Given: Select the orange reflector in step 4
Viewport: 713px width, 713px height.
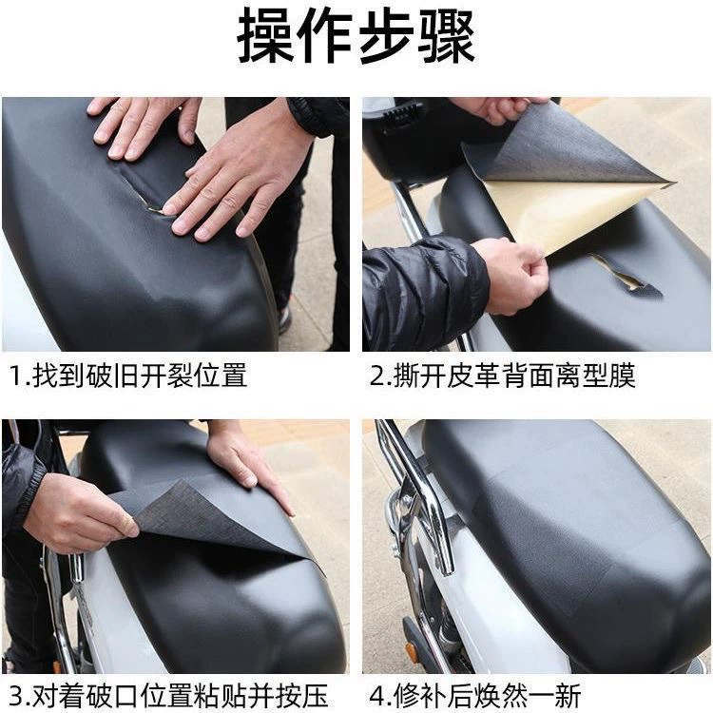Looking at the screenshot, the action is (411, 651).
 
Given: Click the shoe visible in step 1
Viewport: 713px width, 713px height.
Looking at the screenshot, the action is (284, 318).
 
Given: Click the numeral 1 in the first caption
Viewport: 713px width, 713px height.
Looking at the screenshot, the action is (15, 376).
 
